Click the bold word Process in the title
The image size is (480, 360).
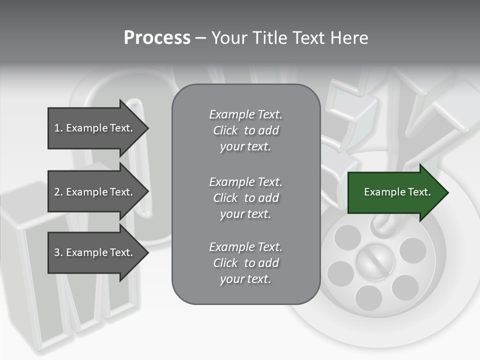coord(157,38)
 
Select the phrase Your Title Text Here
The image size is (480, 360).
coord(289,38)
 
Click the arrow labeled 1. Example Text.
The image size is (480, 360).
coord(95,128)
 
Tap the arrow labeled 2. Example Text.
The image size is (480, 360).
coord(95,192)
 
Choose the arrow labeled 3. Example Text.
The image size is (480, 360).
coord(95,252)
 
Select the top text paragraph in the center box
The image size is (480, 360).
coord(245,130)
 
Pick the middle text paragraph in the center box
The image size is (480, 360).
coord(245,198)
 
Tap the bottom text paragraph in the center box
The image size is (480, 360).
coord(245,263)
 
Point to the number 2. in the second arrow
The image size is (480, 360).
coord(58,192)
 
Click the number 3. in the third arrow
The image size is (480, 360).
coord(58,252)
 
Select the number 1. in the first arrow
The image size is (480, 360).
coord(58,128)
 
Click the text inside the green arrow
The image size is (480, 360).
coord(397,192)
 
